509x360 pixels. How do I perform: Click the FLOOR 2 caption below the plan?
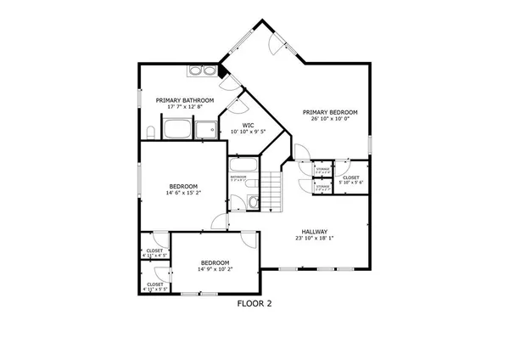[255, 302]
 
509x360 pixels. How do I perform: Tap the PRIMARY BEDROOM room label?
[330, 112]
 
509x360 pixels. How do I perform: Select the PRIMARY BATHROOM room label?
[184, 100]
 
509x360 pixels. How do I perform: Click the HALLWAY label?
[314, 232]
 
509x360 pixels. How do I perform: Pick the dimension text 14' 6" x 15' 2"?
[183, 193]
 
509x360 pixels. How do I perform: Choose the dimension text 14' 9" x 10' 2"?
[214, 269]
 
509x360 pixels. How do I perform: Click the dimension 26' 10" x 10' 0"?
[330, 119]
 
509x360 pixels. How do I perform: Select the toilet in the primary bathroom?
[149, 131]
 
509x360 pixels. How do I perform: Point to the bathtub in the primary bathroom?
[176, 130]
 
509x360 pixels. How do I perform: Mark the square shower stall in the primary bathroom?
[206, 130]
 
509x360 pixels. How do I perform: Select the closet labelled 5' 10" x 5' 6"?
[351, 177]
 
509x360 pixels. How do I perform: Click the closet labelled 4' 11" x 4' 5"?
[154, 252]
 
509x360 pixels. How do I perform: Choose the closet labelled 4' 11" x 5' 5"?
[154, 286]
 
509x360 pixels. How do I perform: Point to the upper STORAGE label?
[322, 171]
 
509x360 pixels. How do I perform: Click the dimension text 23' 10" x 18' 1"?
[314, 239]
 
